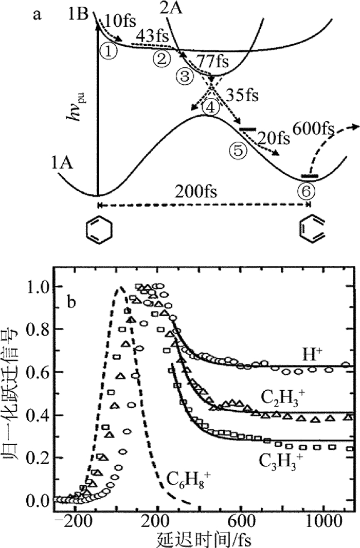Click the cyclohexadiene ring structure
pos(97,230)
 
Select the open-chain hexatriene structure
pos(309,230)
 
